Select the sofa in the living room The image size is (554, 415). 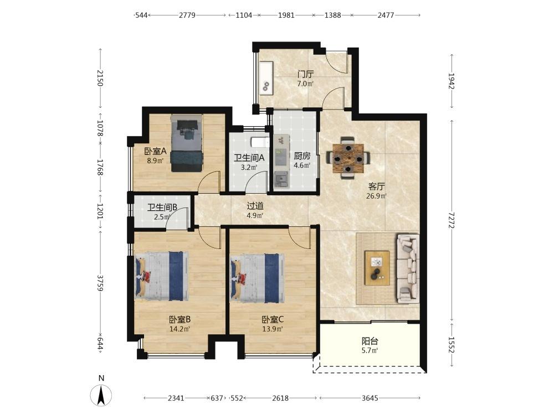(x=408, y=268)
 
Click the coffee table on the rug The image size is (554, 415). (x=377, y=268)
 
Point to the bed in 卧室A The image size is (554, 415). (x=187, y=143)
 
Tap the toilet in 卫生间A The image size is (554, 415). (x=259, y=142)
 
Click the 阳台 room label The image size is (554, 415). (x=370, y=341)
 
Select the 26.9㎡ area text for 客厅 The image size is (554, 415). (x=376, y=196)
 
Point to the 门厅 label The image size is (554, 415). (x=305, y=75)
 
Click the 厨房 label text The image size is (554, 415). (x=302, y=156)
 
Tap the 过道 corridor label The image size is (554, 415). (x=255, y=206)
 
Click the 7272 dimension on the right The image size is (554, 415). (x=452, y=220)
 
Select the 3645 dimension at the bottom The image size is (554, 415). (x=370, y=398)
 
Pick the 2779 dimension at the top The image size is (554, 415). (x=187, y=15)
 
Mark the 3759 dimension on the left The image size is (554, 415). (x=100, y=283)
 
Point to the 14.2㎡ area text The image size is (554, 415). (x=180, y=329)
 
